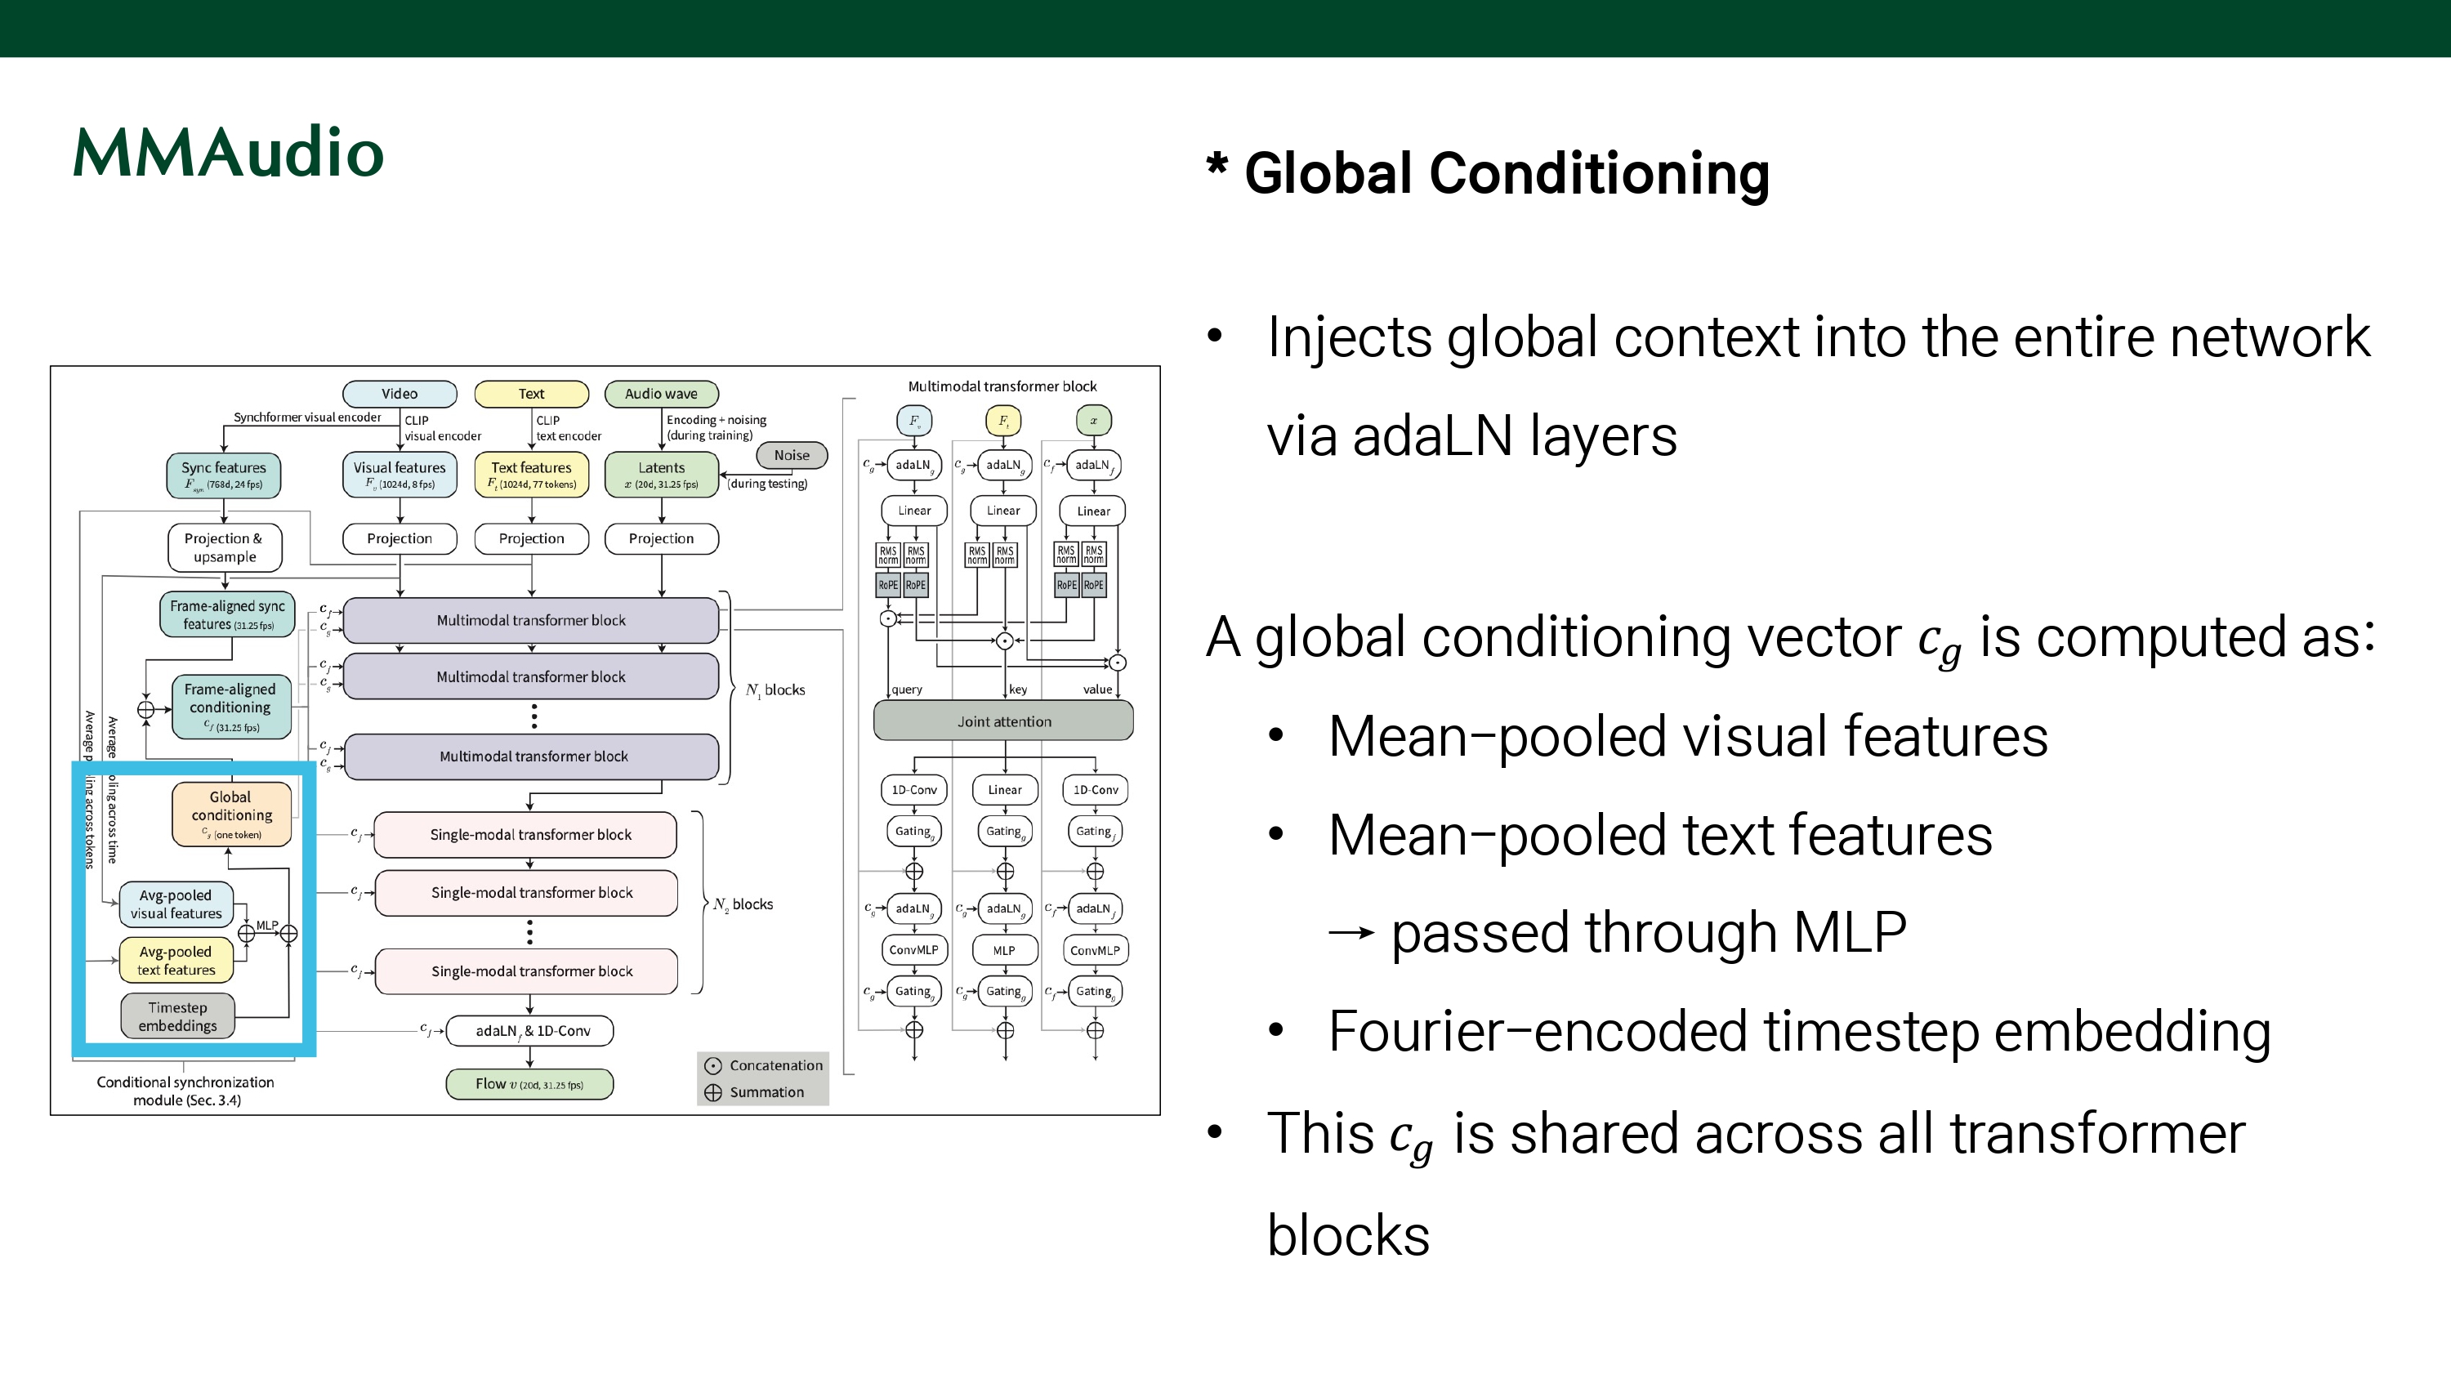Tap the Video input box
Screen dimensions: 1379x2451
[400, 394]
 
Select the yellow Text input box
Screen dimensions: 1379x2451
[531, 394]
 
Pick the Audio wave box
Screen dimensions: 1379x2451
[661, 394]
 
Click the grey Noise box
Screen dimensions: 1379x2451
[792, 455]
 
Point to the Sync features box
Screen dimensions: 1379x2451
[224, 475]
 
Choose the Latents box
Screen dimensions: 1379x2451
[661, 475]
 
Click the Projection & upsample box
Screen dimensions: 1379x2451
[225, 547]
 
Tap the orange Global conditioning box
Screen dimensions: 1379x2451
[231, 814]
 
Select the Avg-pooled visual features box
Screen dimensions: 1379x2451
[176, 904]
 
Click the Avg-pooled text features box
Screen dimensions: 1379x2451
[176, 960]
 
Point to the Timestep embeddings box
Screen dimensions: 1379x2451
[178, 1016]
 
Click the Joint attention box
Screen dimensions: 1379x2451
[1004, 721]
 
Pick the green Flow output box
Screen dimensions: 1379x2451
[529, 1084]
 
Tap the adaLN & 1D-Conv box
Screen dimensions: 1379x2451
[531, 1031]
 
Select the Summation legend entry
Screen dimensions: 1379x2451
[757, 1092]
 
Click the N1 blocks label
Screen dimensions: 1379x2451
[775, 690]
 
